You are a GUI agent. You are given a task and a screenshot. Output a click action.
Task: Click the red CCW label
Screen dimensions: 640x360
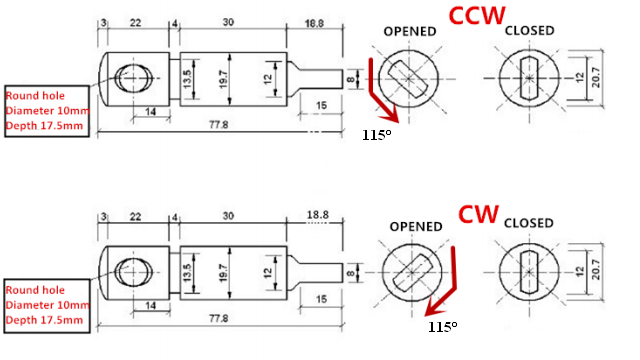pyautogui.click(x=477, y=16)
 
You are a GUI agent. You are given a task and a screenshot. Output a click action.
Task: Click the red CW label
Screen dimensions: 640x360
pyautogui.click(x=478, y=214)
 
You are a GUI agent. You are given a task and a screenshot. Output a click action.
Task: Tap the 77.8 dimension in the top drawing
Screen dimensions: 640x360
pyautogui.click(x=218, y=124)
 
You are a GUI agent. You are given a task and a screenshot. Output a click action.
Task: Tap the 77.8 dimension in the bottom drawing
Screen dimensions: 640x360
pyautogui.click(x=218, y=318)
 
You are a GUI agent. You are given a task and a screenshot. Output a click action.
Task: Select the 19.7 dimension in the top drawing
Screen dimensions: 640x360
pyautogui.click(x=223, y=79)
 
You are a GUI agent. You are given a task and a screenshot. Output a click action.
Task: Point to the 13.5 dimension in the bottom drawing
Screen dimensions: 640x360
pyautogui.click(x=187, y=273)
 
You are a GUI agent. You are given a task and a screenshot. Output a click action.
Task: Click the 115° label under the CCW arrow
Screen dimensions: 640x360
pyautogui.click(x=376, y=135)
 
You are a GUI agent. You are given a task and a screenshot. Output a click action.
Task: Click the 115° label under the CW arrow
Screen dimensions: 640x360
pyautogui.click(x=442, y=327)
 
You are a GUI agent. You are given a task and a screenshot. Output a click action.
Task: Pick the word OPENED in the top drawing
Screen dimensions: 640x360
pyautogui.click(x=410, y=31)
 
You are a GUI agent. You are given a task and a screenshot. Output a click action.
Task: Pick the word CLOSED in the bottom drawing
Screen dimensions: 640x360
pyautogui.click(x=529, y=223)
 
